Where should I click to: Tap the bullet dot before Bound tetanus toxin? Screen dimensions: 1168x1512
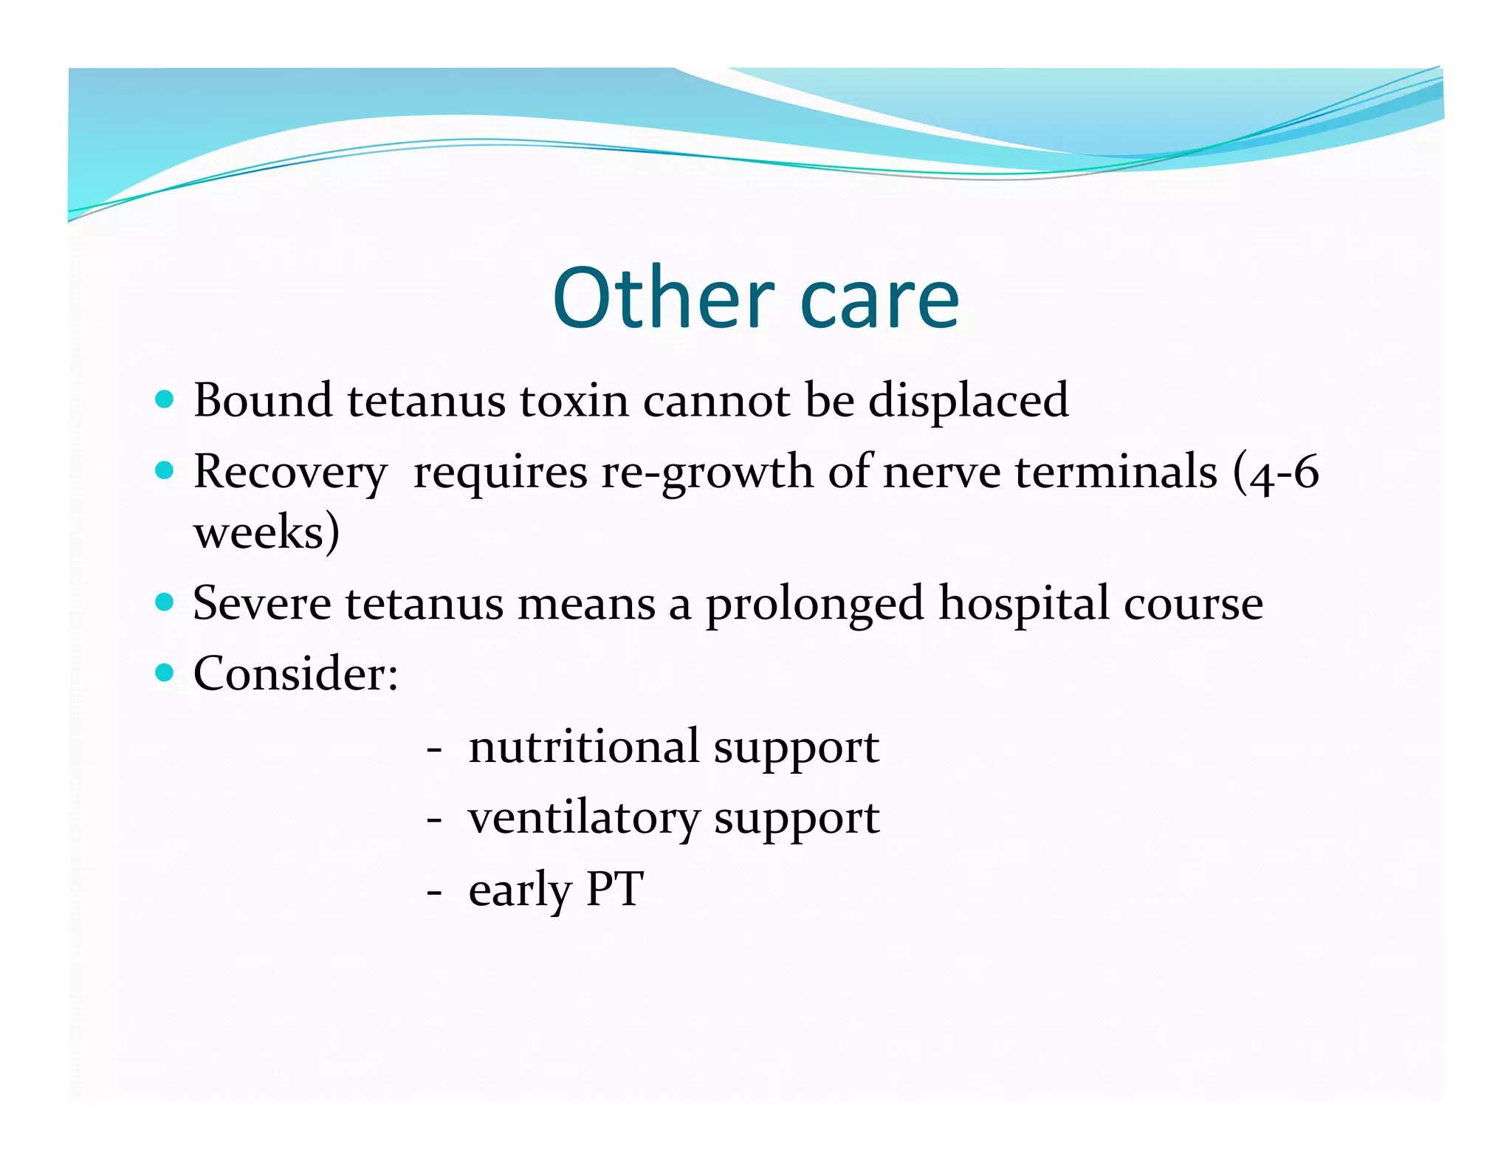pos(165,400)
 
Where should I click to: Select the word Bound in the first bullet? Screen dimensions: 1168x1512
pos(263,400)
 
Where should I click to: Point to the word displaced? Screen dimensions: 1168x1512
pos(968,401)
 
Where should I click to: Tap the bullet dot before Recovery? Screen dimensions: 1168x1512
pos(165,471)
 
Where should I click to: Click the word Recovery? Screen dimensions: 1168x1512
pos(290,473)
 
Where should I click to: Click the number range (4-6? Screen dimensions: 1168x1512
pos(1276,473)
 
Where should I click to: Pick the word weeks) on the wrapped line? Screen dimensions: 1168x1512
pos(267,532)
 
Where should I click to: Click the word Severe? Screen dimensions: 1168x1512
pos(262,603)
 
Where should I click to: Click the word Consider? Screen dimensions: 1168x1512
pos(296,673)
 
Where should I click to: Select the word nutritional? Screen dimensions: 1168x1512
pos(584,746)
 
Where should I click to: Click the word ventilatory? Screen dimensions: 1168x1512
pos(584,818)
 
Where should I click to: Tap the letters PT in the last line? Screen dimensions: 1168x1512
pos(614,888)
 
